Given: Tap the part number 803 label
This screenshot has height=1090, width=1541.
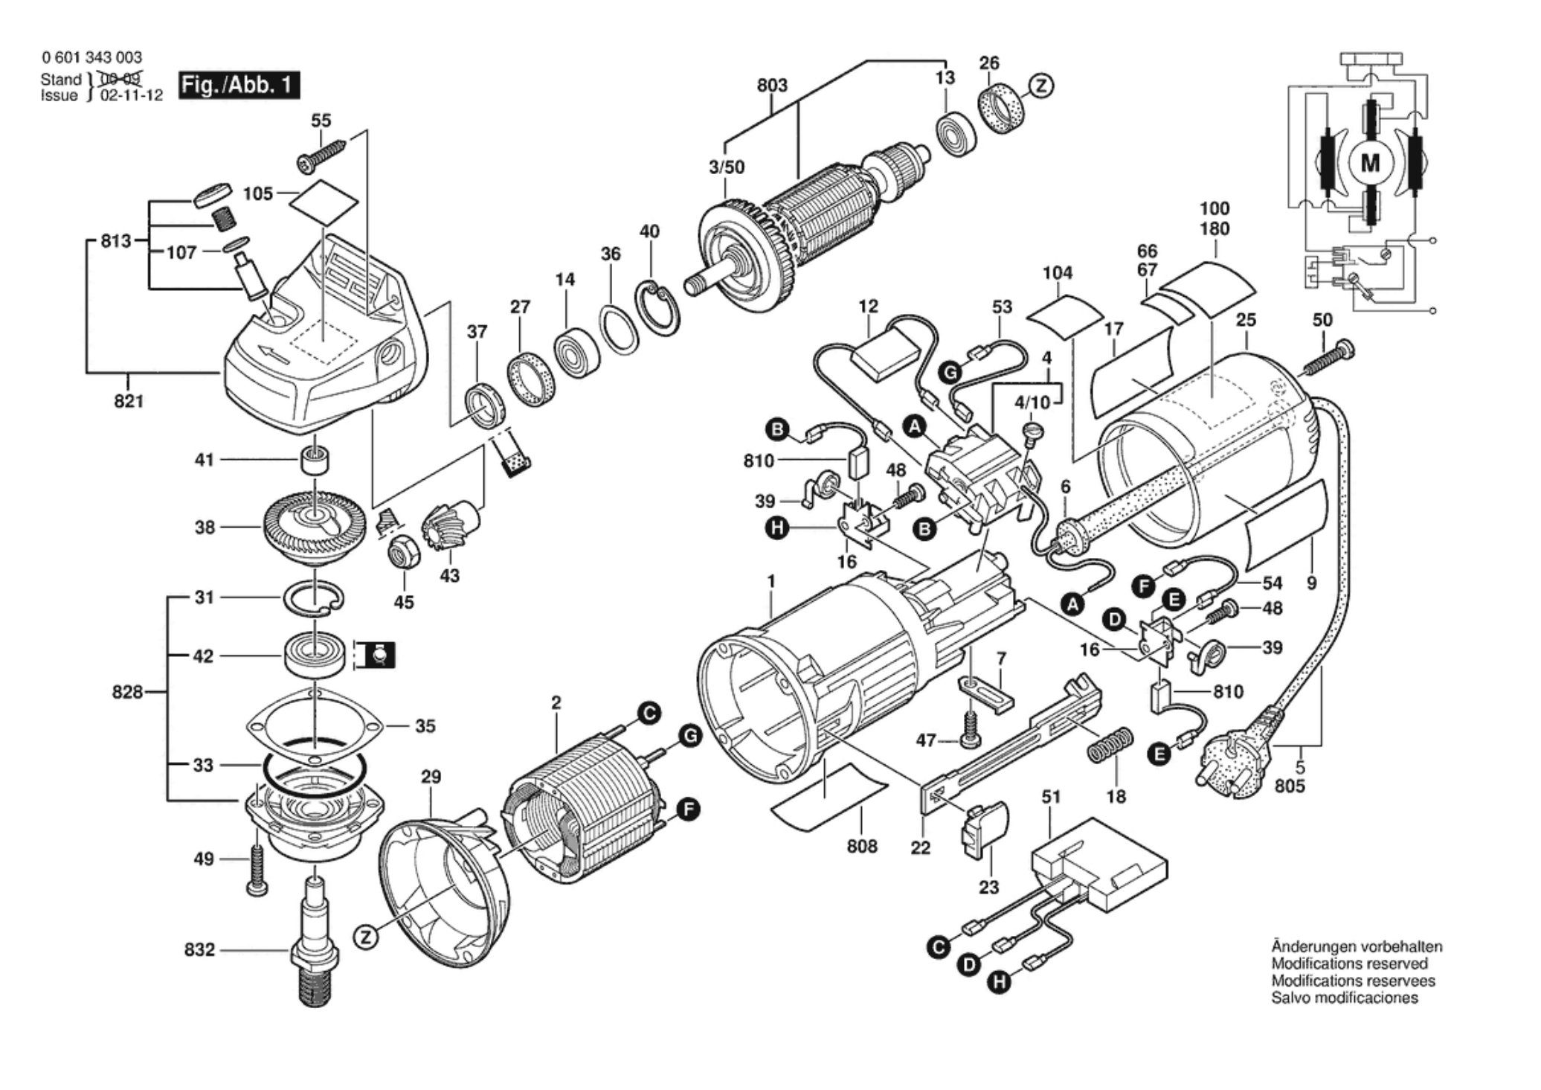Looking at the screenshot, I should click(x=772, y=86).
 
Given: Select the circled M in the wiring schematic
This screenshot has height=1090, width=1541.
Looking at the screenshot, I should click(x=1369, y=163).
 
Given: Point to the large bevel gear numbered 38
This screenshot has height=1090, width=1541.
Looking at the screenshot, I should click(x=314, y=528).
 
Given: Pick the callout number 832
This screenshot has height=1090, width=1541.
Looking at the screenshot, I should click(x=199, y=950).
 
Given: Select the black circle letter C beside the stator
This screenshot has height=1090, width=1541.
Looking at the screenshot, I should click(x=649, y=714).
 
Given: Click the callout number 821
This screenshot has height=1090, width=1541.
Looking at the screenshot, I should click(x=129, y=402).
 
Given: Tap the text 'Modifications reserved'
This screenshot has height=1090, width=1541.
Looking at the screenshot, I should click(x=1349, y=964).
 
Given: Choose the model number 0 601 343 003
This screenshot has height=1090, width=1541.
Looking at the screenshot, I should click(x=91, y=57).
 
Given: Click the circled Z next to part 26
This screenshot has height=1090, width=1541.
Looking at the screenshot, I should click(x=1041, y=86).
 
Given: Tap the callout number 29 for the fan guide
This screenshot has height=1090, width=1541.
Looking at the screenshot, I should click(x=431, y=777).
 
